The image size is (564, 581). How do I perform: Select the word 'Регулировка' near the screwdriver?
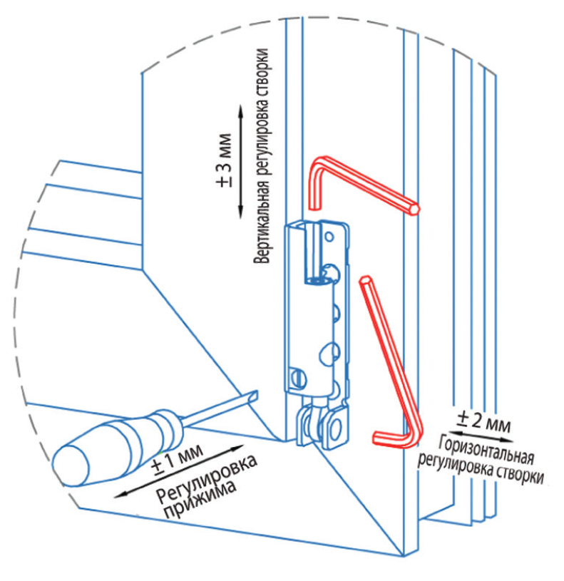pos(206,473)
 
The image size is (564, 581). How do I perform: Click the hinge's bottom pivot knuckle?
pos(325,427)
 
